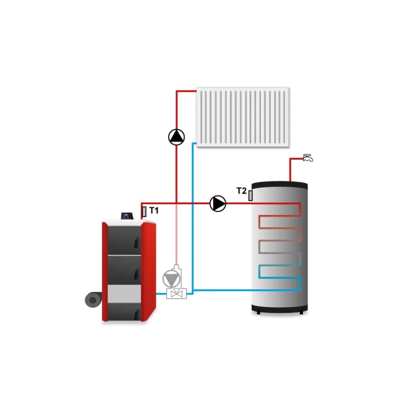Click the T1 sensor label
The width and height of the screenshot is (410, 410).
click(154, 210)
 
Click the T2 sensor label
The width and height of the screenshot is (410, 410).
click(241, 191)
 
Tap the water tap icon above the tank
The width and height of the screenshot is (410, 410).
click(308, 158)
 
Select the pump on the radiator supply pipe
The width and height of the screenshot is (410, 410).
click(177, 137)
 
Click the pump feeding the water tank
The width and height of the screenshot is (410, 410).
click(218, 204)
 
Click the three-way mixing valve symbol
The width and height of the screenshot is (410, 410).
click(177, 294)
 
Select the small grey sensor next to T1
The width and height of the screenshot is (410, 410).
click(144, 212)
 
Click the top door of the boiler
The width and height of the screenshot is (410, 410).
click(125, 239)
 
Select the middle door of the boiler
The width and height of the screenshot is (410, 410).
click(125, 269)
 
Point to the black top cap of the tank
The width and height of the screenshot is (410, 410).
click(279, 184)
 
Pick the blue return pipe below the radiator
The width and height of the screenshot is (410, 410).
click(193, 213)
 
